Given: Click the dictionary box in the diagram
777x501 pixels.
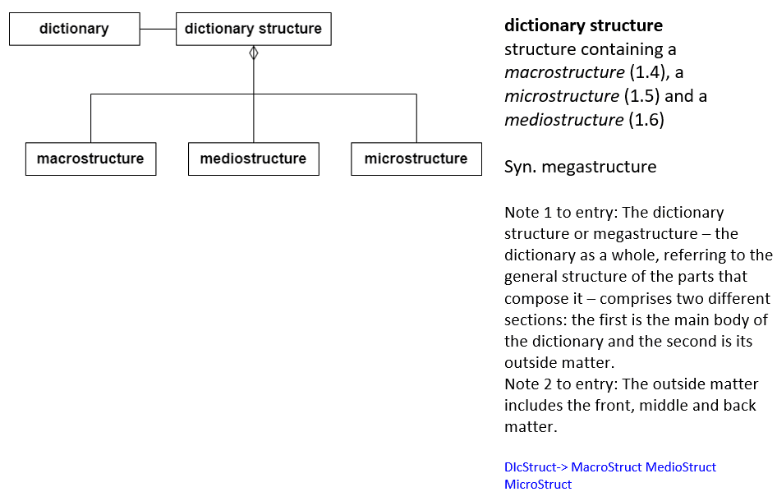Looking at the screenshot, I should coord(74,29).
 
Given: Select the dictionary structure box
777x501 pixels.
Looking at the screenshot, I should coord(253,29).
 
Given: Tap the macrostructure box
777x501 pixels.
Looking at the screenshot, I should coord(90,159).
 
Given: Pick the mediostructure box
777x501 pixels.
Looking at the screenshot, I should coord(253,159).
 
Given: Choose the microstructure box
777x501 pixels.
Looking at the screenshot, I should coord(416,159).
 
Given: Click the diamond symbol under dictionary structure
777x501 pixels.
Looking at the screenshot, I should coord(254,53).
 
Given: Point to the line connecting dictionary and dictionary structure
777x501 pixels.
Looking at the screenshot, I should coord(158,29).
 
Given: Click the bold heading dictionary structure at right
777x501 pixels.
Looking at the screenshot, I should coord(583,25).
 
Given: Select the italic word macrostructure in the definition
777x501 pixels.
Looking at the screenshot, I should coord(564,72).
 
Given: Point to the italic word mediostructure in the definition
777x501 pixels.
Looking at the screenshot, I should coord(563,120).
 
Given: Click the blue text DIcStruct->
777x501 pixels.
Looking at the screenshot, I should coord(536,467).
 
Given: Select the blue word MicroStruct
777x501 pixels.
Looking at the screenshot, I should coord(538,484).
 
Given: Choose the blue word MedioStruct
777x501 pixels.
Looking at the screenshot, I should coord(680,467).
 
